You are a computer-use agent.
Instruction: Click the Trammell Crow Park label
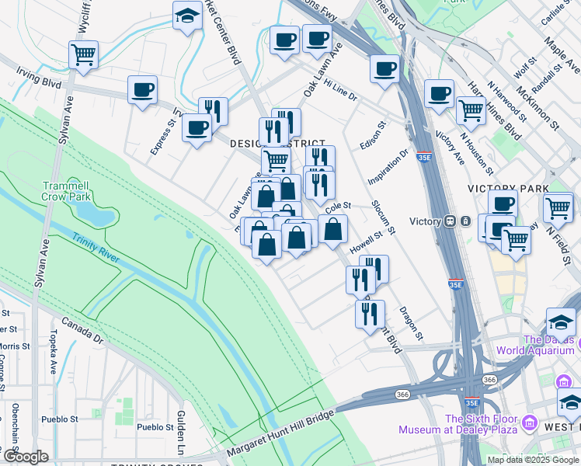67,191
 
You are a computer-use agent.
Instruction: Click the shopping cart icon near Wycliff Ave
83,55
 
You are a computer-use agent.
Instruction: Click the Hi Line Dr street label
340,91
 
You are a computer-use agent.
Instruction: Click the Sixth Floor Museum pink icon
530,423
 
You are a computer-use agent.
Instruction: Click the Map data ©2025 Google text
533,460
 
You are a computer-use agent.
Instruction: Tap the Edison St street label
373,136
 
